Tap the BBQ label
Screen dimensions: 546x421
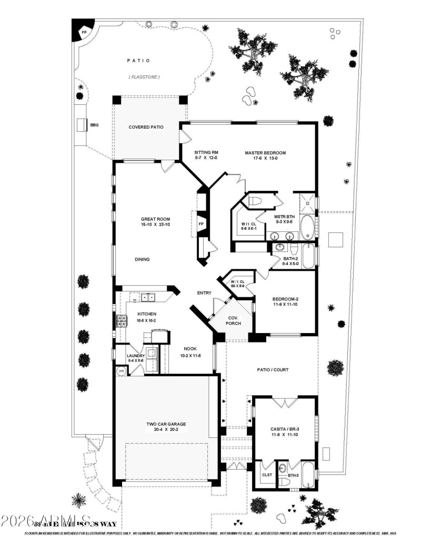point(94,125)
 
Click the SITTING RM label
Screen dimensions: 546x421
point(192,153)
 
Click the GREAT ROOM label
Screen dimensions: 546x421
point(155,219)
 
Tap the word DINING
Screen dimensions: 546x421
point(142,259)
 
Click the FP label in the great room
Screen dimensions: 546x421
point(201,223)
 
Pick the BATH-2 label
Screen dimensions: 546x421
point(291,258)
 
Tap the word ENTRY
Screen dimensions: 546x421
point(204,293)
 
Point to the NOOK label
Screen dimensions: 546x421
point(190,349)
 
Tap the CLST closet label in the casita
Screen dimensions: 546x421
point(267,474)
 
